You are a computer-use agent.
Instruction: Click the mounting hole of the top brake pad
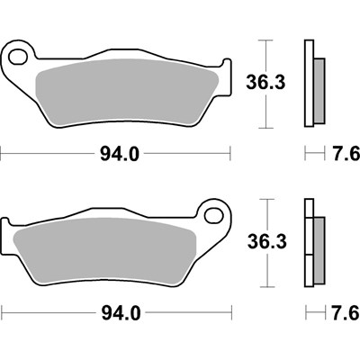click(x=17, y=58)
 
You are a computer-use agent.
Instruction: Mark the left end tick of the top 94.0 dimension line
click(x=2, y=154)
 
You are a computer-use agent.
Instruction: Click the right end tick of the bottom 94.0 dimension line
click(x=232, y=314)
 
